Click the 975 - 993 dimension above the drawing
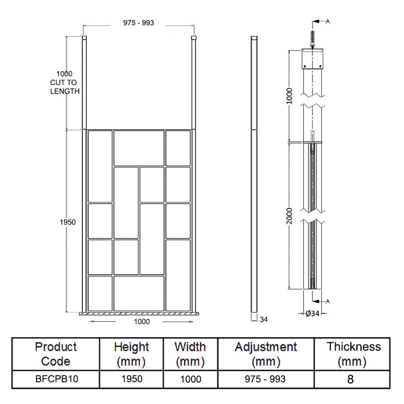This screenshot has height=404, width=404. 138,23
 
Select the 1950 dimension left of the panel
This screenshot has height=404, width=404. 68,223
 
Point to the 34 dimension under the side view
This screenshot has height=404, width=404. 263,319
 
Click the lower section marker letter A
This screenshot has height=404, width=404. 328,301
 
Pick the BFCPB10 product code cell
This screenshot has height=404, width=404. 56,379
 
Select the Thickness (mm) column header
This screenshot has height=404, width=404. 353,355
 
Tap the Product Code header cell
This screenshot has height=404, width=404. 56,355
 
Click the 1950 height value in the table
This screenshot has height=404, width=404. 131,379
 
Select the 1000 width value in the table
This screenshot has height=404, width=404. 190,379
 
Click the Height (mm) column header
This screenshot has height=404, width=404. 131,355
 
